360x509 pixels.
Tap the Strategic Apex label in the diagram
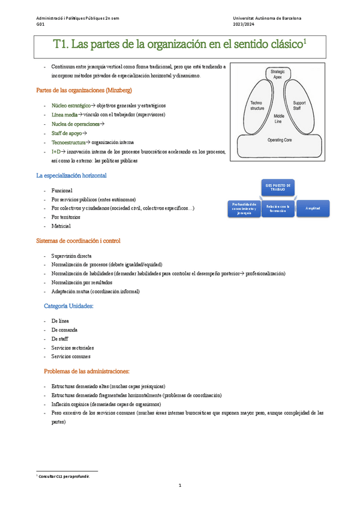(277, 74)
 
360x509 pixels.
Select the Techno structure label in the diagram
(256, 106)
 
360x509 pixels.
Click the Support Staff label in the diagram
(299, 106)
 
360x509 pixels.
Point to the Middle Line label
(278, 118)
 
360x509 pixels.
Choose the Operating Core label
(280, 139)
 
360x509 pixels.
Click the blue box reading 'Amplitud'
(313, 208)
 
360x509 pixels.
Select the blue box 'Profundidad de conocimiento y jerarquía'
(243, 208)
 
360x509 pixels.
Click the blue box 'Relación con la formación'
(278, 208)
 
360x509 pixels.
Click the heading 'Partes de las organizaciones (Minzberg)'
(84, 91)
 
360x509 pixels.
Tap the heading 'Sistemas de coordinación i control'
(78, 241)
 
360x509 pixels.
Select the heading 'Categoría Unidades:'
(69, 306)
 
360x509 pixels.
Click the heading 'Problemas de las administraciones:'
(87, 372)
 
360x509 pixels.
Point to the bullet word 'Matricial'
(61, 226)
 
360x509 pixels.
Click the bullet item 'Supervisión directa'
(71, 256)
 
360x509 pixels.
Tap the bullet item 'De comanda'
(64, 330)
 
